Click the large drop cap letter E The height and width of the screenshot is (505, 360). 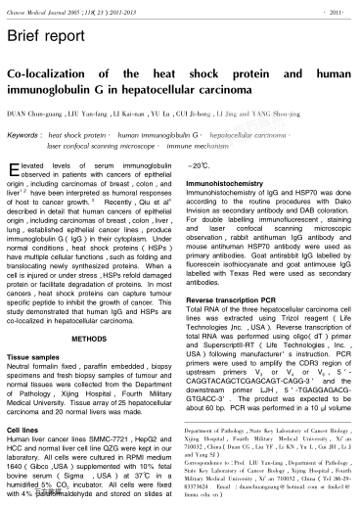13,170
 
